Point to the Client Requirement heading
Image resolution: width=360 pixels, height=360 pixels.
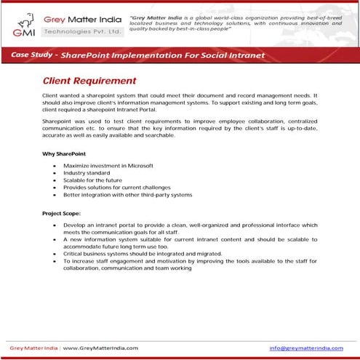89,81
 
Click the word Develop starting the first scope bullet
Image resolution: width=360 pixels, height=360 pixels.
74,225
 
